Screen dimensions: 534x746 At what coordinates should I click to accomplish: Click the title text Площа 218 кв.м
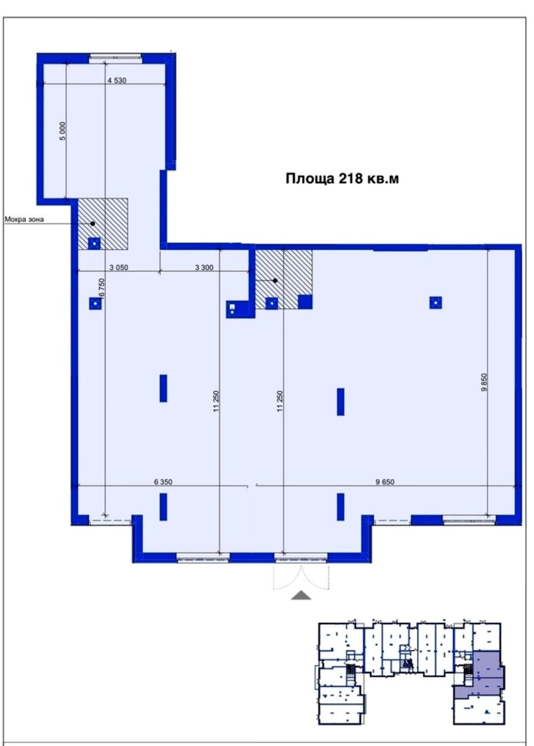pos(342,179)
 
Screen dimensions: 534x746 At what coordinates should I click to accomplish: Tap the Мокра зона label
pos(24,219)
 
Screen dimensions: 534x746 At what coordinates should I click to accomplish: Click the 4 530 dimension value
pos(117,80)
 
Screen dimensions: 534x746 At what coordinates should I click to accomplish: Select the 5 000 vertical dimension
pos(63,131)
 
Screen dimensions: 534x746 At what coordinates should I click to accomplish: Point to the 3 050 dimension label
pos(119,267)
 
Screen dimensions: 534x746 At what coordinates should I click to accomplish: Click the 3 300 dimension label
pos(204,267)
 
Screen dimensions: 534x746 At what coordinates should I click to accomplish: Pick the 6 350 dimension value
pos(163,482)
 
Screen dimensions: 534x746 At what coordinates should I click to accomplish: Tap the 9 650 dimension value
pos(385,482)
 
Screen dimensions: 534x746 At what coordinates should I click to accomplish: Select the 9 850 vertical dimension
pos(484,382)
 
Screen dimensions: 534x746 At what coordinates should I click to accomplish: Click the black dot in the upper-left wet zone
pos(93,224)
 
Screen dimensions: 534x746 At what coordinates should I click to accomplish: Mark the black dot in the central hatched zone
pos(275,281)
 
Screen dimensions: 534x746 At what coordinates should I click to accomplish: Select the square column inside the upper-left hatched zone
pos(94,244)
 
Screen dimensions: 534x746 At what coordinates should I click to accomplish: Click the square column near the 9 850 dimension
pos(435,303)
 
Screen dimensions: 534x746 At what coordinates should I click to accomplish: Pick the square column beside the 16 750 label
pos(95,304)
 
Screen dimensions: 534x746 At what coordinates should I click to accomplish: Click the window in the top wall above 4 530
pos(116,58)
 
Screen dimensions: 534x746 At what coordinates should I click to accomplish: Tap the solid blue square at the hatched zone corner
pos(305,302)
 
